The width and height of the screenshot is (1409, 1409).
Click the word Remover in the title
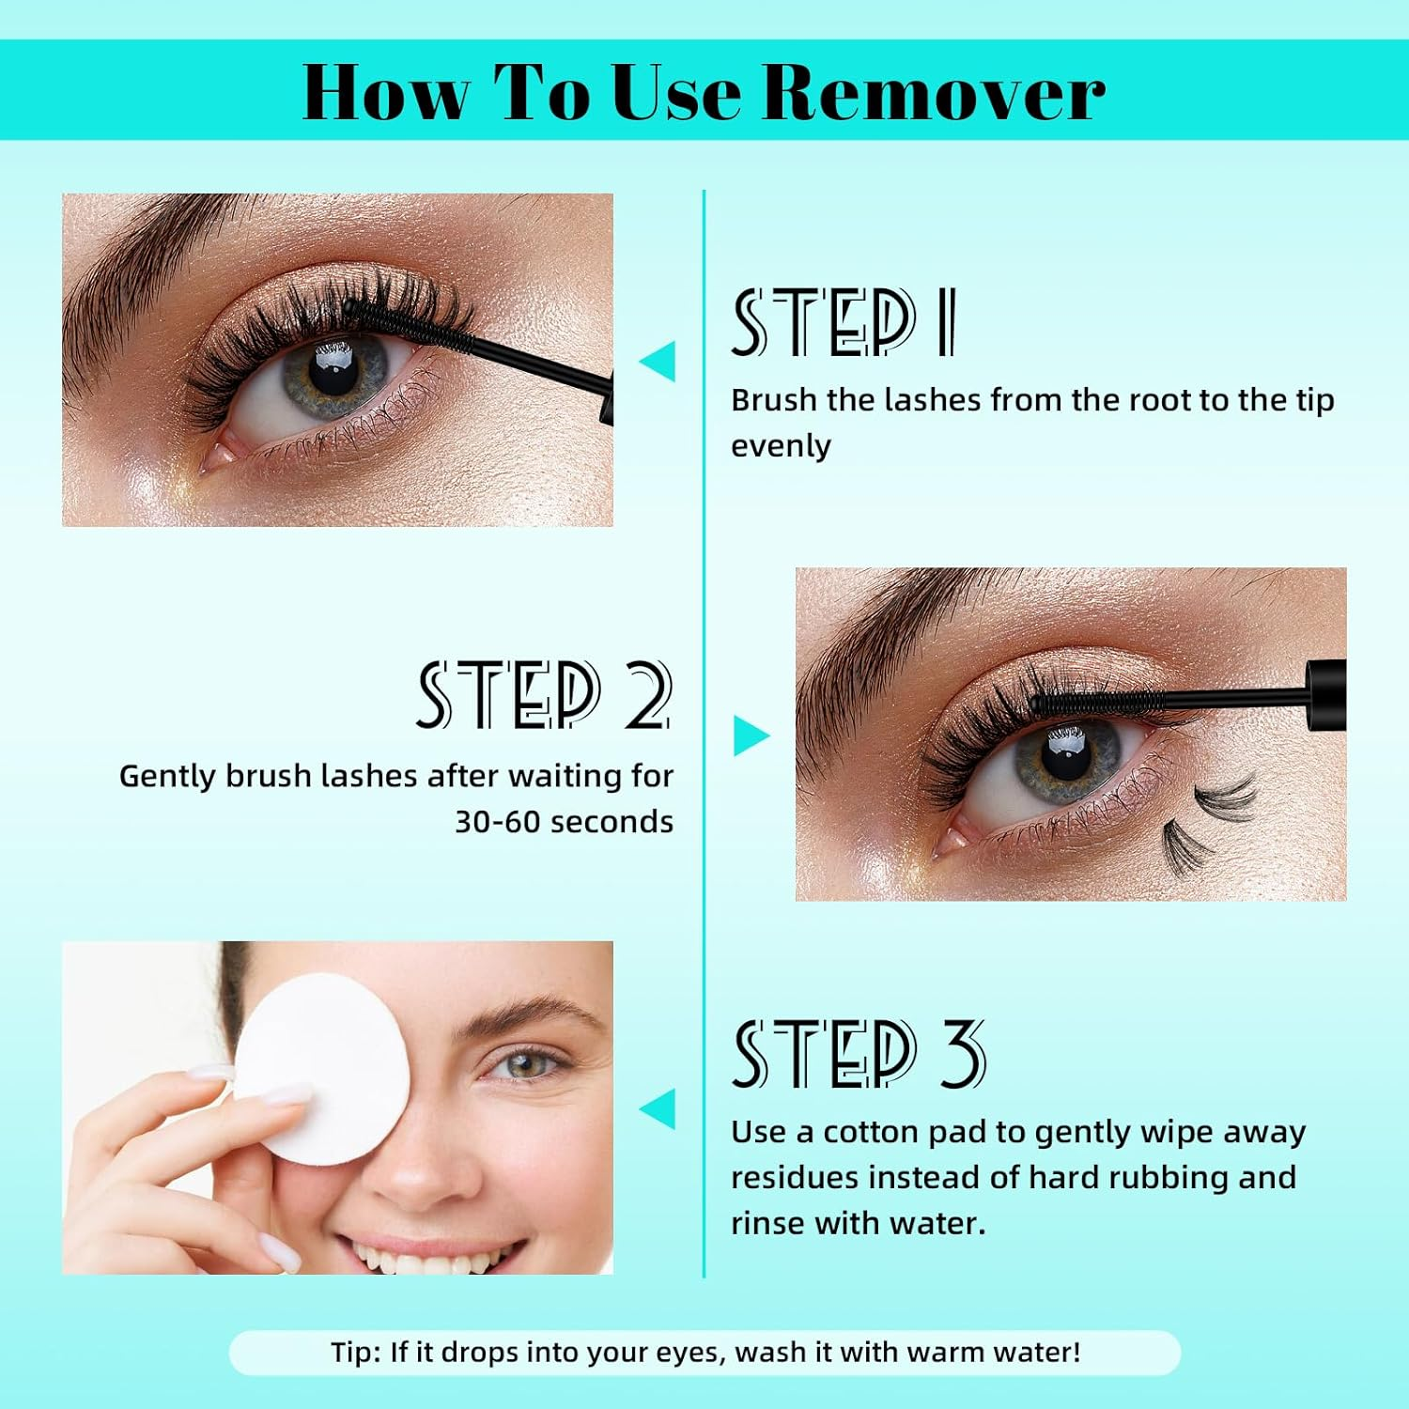pos(934,92)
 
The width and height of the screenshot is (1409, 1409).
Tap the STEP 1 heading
pos(844,323)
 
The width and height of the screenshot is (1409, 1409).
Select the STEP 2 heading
pos(545,695)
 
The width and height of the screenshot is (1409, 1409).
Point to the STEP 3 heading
pos(859,1054)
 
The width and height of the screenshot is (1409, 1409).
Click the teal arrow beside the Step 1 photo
pos(658,362)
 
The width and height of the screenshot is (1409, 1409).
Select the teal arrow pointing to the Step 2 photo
pos(751,735)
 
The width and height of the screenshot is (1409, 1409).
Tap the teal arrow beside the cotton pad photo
pos(658,1108)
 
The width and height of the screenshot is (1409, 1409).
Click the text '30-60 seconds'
pos(564,822)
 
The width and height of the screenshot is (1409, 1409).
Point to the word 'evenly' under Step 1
pos(781,446)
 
